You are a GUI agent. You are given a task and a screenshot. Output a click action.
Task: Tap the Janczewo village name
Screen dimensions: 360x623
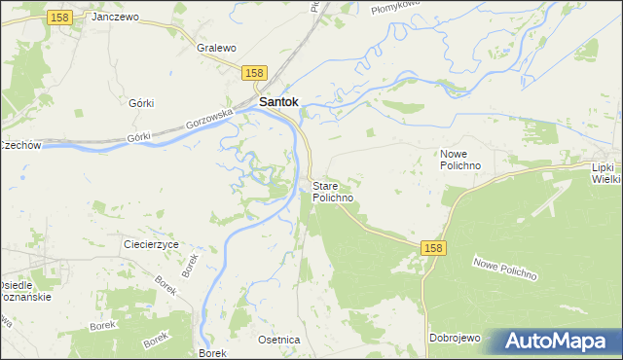point(115,18)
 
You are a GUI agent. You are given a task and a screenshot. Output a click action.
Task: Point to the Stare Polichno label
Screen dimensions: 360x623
point(332,191)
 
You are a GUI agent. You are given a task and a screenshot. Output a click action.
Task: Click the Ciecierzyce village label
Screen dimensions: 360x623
point(151,244)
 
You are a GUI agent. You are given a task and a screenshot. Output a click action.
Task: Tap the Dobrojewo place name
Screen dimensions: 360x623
point(456,338)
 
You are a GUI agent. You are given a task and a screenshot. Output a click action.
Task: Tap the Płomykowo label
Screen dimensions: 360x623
point(393,8)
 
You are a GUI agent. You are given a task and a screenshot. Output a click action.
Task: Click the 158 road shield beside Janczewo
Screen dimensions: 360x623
point(59,18)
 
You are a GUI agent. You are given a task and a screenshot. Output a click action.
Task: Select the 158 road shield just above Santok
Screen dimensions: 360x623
point(254,73)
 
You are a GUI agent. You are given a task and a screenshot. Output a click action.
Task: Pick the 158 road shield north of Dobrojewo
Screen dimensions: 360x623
point(434,249)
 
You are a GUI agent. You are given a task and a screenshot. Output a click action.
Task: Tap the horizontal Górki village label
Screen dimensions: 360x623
point(142,102)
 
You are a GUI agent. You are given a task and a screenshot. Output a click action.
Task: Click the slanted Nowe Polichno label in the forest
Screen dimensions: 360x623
point(505,268)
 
